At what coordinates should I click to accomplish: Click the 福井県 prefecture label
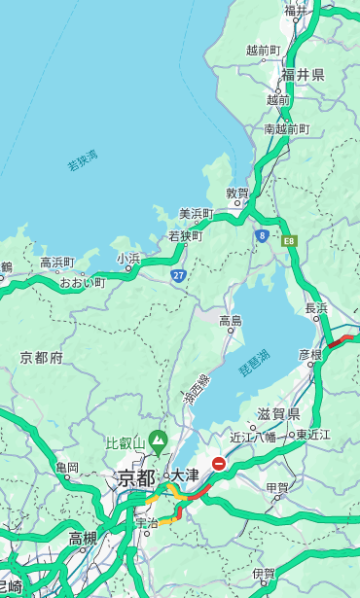[303, 75]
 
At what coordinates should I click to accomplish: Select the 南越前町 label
[286, 129]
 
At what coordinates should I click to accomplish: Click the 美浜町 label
[196, 214]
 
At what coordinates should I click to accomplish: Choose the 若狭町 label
[185, 236]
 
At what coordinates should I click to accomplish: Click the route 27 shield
[178, 276]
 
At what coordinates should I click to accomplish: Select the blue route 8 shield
[262, 235]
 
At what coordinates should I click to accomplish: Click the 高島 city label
[231, 321]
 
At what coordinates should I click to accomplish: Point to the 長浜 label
[316, 308]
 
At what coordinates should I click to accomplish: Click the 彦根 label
[309, 356]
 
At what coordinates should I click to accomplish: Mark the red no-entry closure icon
[219, 465]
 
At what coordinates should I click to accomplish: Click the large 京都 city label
[135, 478]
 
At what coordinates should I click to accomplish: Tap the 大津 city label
[185, 475]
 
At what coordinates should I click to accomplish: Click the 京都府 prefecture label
[41, 358]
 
